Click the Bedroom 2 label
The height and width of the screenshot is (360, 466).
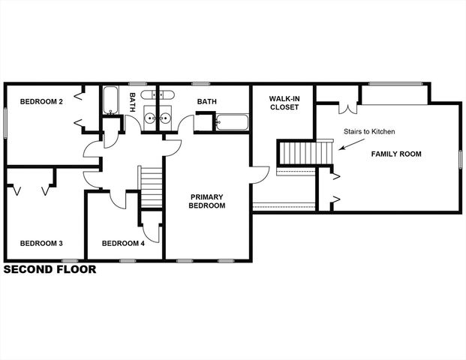pyautogui.click(x=41, y=101)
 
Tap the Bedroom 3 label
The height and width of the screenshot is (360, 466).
pyautogui.click(x=41, y=243)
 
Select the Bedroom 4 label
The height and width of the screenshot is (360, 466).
pyautogui.click(x=123, y=243)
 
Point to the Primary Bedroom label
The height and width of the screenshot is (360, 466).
pyautogui.click(x=206, y=201)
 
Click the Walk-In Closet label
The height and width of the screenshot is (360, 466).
pyautogui.click(x=284, y=103)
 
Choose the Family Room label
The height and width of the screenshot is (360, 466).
pyautogui.click(x=396, y=154)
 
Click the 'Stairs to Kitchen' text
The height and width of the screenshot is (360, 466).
pyautogui.click(x=369, y=132)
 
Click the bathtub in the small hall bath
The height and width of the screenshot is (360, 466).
pyautogui.click(x=111, y=100)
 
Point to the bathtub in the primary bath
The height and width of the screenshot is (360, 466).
pyautogui.click(x=232, y=121)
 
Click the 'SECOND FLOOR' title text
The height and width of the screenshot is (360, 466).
pyautogui.click(x=50, y=269)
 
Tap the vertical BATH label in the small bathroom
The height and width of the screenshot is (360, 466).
pyautogui.click(x=132, y=101)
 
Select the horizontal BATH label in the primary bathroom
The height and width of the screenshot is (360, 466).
pyautogui.click(x=207, y=101)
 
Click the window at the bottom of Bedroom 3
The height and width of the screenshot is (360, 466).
pyautogui.click(x=70, y=260)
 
